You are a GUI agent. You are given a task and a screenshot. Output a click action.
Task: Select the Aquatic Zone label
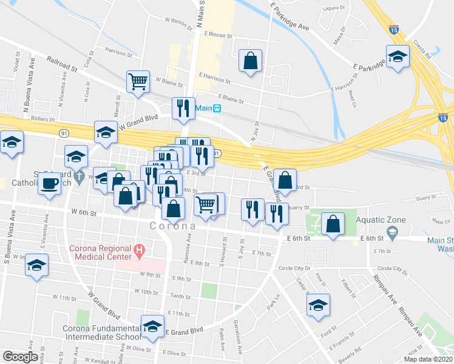[x=379, y=219]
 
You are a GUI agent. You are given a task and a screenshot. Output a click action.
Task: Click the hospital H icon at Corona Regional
[x=140, y=249]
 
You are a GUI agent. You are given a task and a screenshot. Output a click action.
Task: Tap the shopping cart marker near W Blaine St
[x=138, y=81]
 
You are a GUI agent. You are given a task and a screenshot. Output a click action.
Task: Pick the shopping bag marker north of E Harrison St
[x=250, y=61]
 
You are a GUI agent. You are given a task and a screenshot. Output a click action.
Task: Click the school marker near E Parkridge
[x=398, y=57]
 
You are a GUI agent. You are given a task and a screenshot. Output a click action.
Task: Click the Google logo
[x=20, y=357]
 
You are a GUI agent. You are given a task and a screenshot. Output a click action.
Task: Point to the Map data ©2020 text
[x=428, y=359]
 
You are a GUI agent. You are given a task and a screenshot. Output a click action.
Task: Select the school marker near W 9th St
[x=37, y=266]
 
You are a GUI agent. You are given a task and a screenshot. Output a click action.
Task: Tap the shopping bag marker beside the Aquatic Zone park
[x=333, y=223]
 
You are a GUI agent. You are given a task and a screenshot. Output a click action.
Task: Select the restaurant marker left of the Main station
[x=183, y=108]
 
